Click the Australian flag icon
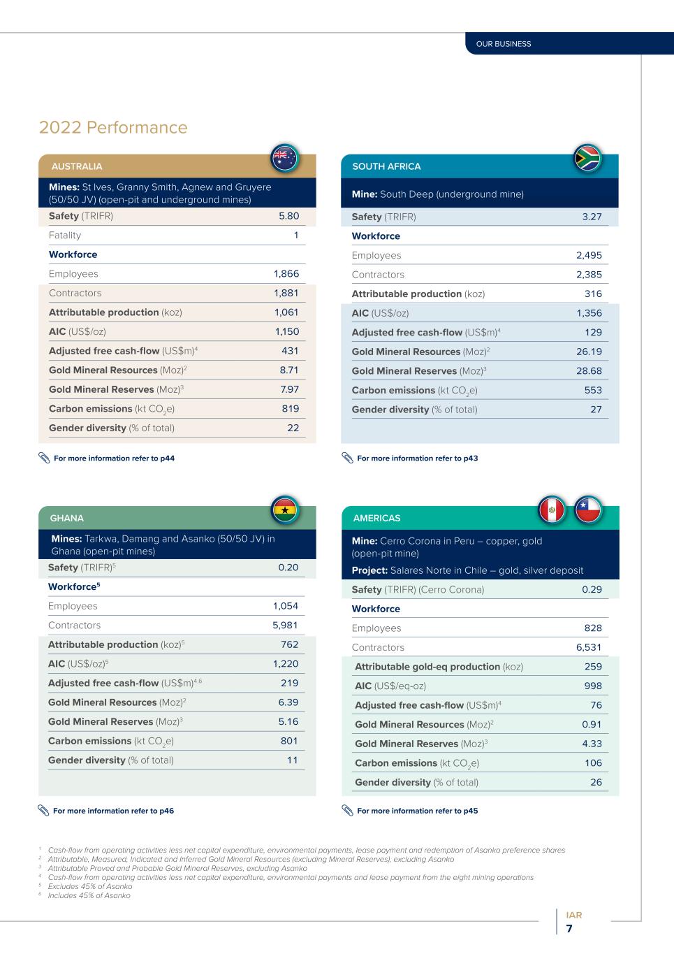click(284, 158)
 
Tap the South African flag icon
click(587, 158)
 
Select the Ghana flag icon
click(284, 510)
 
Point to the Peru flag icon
click(552, 510)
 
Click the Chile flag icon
click(587, 510)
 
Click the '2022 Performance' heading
click(113, 128)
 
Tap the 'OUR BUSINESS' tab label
click(503, 44)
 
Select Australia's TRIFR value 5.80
click(288, 216)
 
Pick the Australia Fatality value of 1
click(295, 236)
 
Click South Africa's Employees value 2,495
click(588, 256)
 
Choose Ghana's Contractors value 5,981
click(285, 626)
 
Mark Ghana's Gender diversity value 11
click(292, 760)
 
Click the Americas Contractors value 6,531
click(588, 648)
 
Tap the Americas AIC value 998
click(592, 686)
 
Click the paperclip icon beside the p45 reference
click(347, 811)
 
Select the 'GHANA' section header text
click(67, 519)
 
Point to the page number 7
click(569, 929)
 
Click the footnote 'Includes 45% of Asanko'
click(89, 895)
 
